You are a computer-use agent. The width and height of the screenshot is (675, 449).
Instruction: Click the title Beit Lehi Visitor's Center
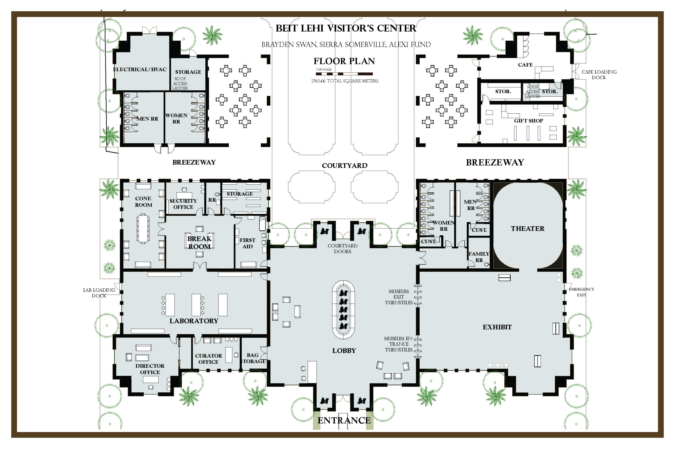tap(346, 28)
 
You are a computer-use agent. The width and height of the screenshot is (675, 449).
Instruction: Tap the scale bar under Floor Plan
tap(344, 74)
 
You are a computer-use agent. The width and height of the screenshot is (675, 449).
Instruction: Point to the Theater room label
tap(527, 228)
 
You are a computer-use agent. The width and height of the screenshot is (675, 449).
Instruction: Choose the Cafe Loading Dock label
tap(599, 74)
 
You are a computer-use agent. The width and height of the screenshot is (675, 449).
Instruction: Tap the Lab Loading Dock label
tap(99, 293)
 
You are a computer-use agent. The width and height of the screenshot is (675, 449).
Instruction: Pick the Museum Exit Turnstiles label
tap(399, 297)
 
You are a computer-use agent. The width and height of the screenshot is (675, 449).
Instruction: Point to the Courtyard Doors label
tap(343, 249)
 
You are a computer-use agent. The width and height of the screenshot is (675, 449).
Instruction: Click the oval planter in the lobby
tap(343, 310)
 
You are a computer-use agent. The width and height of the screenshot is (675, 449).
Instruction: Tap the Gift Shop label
tap(529, 121)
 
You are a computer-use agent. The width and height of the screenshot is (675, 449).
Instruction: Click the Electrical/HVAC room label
tap(140, 69)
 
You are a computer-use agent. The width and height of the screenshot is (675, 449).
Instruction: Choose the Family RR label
tap(479, 257)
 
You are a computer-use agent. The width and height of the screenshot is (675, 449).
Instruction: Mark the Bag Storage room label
tap(253, 358)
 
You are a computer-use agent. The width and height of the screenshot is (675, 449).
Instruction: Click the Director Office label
tap(150, 369)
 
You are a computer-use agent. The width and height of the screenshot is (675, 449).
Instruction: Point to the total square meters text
tap(345, 81)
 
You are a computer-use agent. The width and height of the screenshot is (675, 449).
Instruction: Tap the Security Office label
tap(183, 204)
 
